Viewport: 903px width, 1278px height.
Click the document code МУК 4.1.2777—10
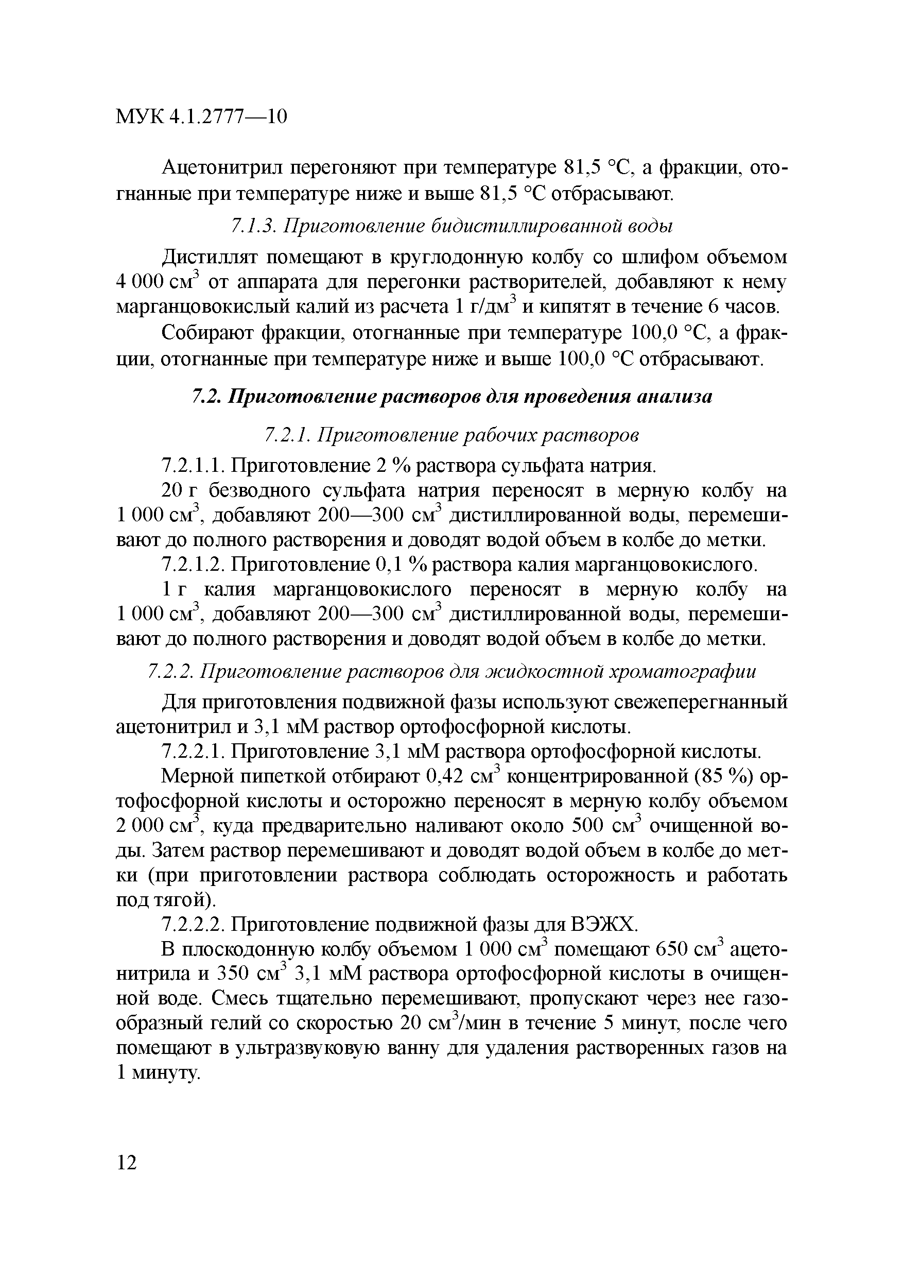coord(201,116)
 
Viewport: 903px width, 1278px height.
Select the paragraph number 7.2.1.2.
coord(193,565)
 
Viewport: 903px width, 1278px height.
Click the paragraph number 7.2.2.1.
coord(193,753)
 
